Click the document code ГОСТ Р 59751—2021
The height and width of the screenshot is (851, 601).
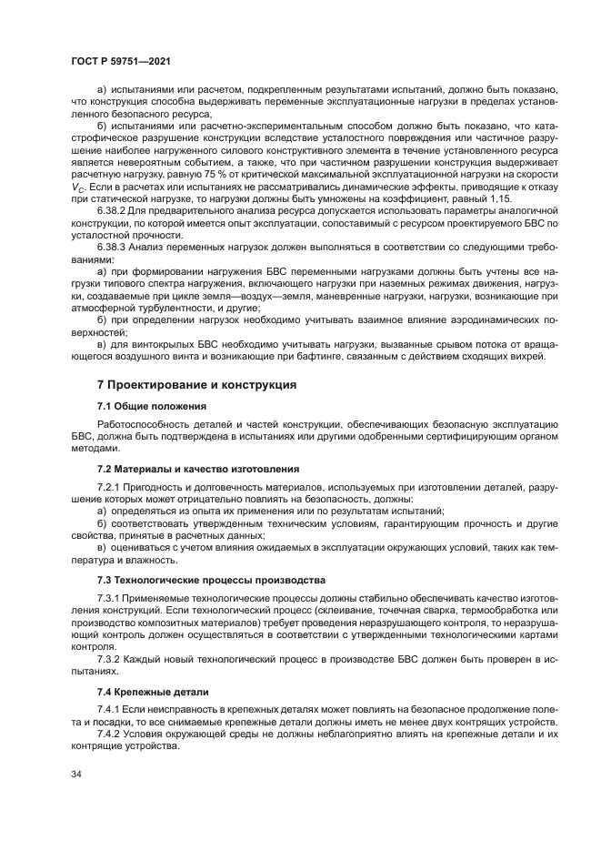pyautogui.click(x=121, y=60)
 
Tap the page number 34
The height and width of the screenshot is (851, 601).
pyautogui.click(x=75, y=775)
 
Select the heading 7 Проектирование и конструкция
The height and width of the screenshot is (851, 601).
pyautogui.click(x=196, y=385)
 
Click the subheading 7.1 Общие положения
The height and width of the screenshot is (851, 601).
pyautogui.click(x=152, y=405)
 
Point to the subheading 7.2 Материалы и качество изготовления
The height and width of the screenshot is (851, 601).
pyautogui.click(x=198, y=469)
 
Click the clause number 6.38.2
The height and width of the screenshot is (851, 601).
pyautogui.click(x=114, y=208)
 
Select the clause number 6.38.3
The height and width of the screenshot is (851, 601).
pyautogui.click(x=114, y=247)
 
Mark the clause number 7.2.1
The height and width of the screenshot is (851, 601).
pyautogui.click(x=110, y=489)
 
